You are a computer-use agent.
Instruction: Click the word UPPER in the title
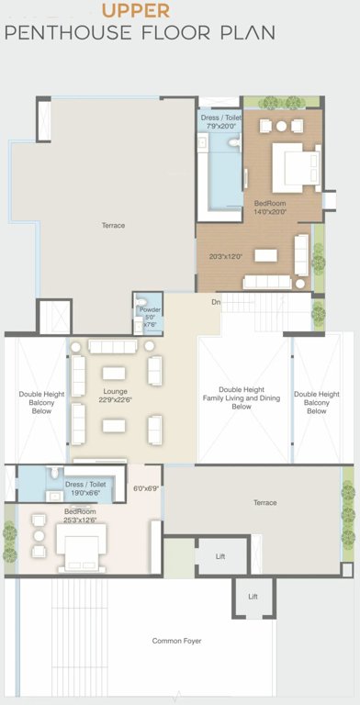135,11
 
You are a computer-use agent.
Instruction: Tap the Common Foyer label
176,640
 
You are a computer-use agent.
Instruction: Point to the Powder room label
150,310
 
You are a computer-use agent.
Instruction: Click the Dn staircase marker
216,301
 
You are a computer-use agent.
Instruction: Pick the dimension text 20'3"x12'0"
225,256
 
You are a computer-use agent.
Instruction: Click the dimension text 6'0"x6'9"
146,488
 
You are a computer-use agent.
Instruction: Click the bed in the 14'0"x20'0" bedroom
297,167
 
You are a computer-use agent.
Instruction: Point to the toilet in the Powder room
141,303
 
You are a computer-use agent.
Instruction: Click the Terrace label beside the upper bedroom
113,225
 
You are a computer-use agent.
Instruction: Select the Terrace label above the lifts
264,502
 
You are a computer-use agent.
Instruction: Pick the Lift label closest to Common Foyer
253,596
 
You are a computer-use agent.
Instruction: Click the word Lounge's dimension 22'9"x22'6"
115,399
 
